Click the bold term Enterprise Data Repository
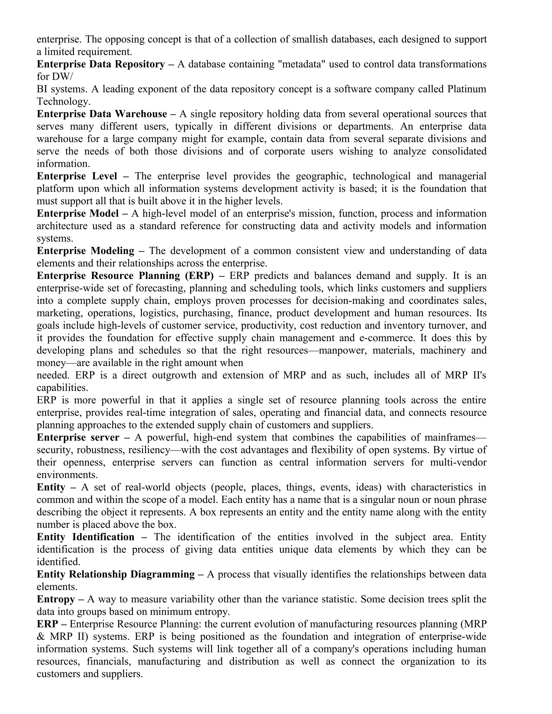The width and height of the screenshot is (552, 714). [101, 64]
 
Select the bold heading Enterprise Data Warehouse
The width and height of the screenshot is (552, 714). [102, 114]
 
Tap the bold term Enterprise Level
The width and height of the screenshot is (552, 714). [77, 176]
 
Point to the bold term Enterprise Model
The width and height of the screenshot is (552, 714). [78, 213]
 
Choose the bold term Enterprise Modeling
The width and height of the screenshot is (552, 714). [85, 251]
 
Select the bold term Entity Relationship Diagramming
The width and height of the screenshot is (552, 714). [115, 574]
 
